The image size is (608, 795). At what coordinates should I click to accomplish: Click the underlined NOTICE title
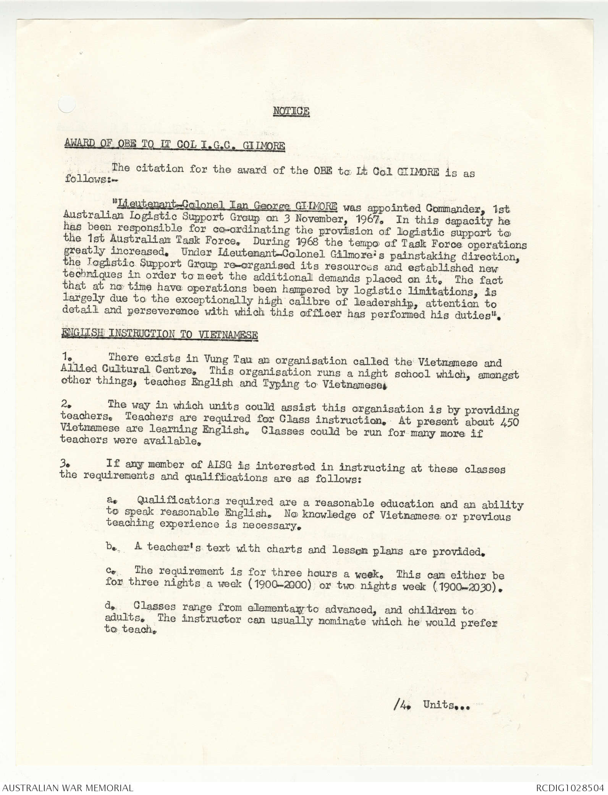(x=291, y=111)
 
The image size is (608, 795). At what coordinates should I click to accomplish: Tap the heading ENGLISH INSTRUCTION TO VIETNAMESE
(x=159, y=334)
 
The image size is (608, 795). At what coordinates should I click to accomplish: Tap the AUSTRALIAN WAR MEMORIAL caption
(x=68, y=787)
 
